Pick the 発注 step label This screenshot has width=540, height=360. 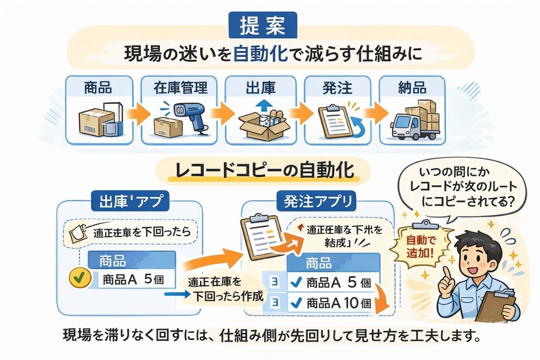[x=337, y=87]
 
